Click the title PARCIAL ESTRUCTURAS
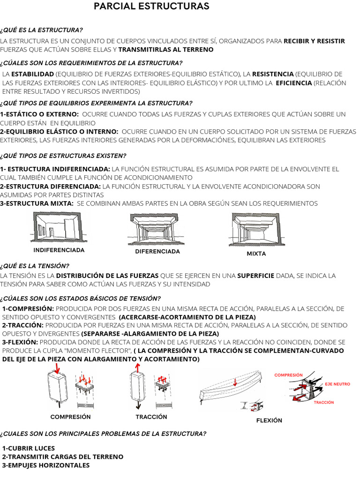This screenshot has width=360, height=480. pos(151,7)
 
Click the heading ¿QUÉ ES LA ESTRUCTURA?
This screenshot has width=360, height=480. pos(42,30)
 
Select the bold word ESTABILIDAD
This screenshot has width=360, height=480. pos(32,74)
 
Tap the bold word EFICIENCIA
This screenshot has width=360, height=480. pos(293,83)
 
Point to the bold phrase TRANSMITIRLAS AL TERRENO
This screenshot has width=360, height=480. pos(166,50)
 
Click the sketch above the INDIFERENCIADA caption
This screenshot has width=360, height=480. pos(59,227)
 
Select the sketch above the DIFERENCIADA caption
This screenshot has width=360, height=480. pos(157,228)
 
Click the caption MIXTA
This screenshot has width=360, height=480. pos(256,254)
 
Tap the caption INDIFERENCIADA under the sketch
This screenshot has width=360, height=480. pos(59,250)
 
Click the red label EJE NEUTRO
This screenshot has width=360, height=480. pos(337,384)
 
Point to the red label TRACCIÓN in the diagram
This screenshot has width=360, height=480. pos(324,402)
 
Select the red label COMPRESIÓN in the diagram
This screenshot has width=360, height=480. pos(288,375)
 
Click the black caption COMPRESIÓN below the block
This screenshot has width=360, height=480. pos(70,417)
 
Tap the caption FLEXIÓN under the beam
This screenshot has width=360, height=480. pos(269,420)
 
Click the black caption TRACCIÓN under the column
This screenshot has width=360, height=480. pos(151,417)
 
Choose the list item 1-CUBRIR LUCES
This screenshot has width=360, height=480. pos(29,448)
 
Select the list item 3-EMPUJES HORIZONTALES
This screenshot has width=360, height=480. pos(46,465)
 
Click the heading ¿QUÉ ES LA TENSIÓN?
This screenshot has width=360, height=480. pos(35,265)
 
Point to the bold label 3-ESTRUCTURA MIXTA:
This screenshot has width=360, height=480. pos(37,203)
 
